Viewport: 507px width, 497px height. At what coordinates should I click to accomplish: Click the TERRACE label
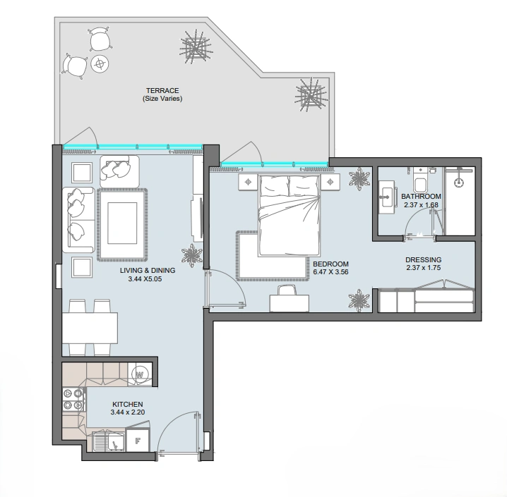(162, 91)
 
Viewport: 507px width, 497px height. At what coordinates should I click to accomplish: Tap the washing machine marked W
(140, 374)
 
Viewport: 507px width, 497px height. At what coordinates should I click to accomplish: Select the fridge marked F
(138, 440)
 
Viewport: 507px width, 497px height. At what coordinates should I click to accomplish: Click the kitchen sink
(109, 441)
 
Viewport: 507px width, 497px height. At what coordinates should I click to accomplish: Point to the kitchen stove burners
(73, 399)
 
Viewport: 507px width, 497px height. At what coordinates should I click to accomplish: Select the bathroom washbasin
(388, 197)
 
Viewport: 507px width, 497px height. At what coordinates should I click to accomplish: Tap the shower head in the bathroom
(458, 183)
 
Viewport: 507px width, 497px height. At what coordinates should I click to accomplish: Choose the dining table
(90, 328)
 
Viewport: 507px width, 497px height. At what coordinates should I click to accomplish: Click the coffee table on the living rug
(122, 223)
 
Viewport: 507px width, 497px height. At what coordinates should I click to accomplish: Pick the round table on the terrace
(100, 63)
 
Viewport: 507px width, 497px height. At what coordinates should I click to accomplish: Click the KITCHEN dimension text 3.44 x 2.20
(127, 412)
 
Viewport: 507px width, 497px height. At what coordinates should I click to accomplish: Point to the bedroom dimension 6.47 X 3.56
(330, 271)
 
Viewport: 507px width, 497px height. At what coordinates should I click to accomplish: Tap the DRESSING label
(423, 259)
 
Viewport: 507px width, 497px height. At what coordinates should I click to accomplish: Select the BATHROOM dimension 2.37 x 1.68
(421, 204)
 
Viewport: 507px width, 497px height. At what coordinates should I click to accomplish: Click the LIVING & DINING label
(148, 271)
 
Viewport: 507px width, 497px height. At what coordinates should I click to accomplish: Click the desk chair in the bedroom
(287, 290)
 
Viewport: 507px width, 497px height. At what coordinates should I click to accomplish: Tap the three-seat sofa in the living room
(78, 219)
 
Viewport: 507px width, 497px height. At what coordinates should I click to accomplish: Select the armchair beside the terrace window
(119, 172)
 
